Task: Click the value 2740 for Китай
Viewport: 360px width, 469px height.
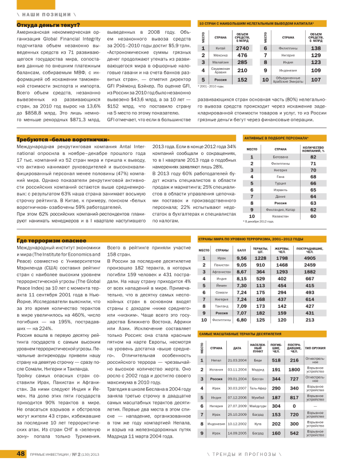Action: coord(242,49)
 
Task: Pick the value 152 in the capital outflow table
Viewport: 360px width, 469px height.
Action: coord(242,80)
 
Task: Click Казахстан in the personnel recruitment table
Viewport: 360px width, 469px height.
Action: coord(265,216)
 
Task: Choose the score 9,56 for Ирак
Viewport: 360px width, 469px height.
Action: coord(242,258)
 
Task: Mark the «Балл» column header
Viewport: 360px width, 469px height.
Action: coord(242,250)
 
